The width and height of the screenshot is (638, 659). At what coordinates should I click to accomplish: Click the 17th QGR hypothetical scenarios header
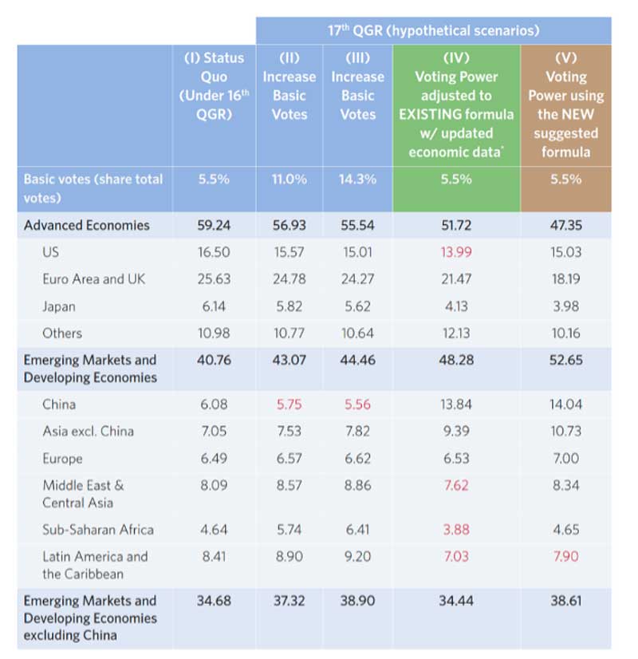tap(433, 30)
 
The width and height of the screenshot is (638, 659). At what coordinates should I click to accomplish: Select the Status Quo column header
tap(214, 86)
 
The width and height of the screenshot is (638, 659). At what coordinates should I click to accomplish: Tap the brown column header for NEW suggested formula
tap(565, 105)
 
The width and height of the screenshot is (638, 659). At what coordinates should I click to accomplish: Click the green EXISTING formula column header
tap(456, 105)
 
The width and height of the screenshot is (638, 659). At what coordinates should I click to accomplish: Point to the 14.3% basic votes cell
tap(357, 180)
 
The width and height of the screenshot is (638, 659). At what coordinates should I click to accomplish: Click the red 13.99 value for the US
tap(456, 252)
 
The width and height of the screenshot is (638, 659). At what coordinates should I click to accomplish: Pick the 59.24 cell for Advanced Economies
tap(214, 225)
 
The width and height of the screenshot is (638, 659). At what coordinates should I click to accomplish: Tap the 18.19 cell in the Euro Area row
tap(565, 279)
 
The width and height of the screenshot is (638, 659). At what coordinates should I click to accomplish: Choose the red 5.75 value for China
tap(289, 404)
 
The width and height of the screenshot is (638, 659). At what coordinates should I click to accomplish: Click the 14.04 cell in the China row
tap(565, 404)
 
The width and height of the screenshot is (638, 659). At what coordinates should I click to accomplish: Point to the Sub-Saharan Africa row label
tap(98, 530)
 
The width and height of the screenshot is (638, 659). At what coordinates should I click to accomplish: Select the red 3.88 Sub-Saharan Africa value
tap(456, 530)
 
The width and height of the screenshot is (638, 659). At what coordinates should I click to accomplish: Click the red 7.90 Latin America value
tap(565, 557)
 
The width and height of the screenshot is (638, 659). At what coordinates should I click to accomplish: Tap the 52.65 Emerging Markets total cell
tap(565, 360)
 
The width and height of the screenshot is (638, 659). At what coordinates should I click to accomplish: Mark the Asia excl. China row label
tap(88, 432)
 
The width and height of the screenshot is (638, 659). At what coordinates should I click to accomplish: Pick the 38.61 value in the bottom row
tap(565, 601)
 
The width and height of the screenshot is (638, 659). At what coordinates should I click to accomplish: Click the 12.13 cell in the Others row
tap(456, 333)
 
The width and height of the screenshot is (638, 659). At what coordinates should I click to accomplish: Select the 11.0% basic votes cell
tap(289, 180)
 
